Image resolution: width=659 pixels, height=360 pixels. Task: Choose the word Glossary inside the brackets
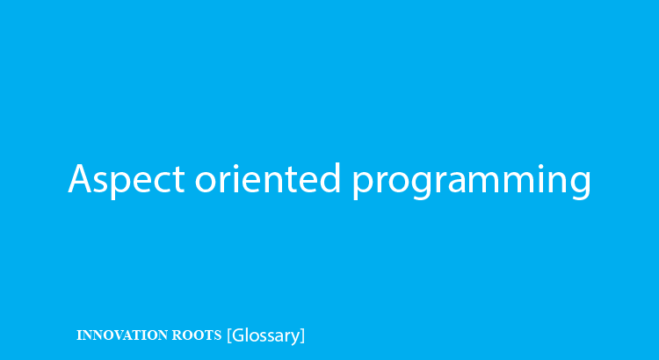pos(265,335)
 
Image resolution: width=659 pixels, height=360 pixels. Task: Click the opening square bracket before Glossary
pos(229,335)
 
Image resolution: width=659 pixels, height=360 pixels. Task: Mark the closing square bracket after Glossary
pos(302,335)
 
